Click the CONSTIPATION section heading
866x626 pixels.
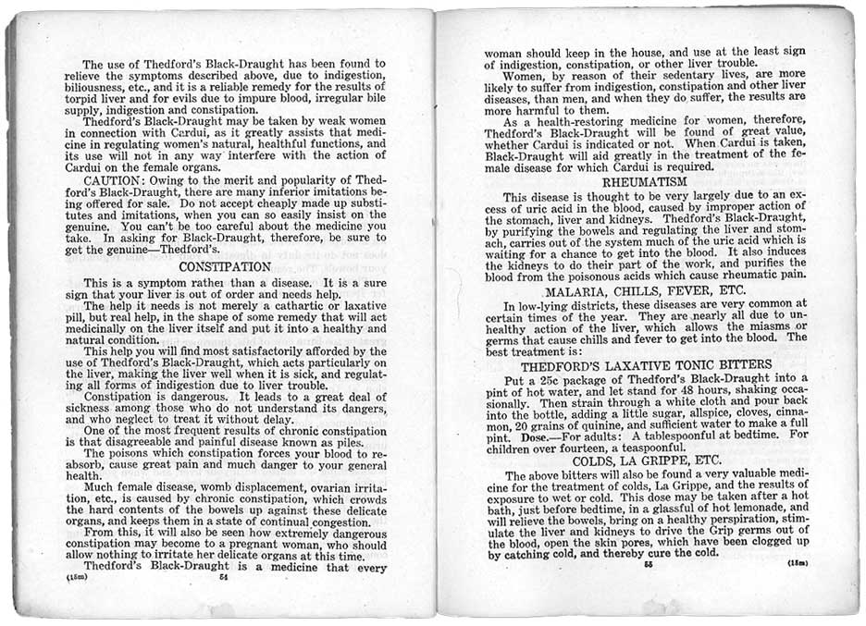click(225, 266)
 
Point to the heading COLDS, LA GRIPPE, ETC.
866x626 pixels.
click(647, 460)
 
